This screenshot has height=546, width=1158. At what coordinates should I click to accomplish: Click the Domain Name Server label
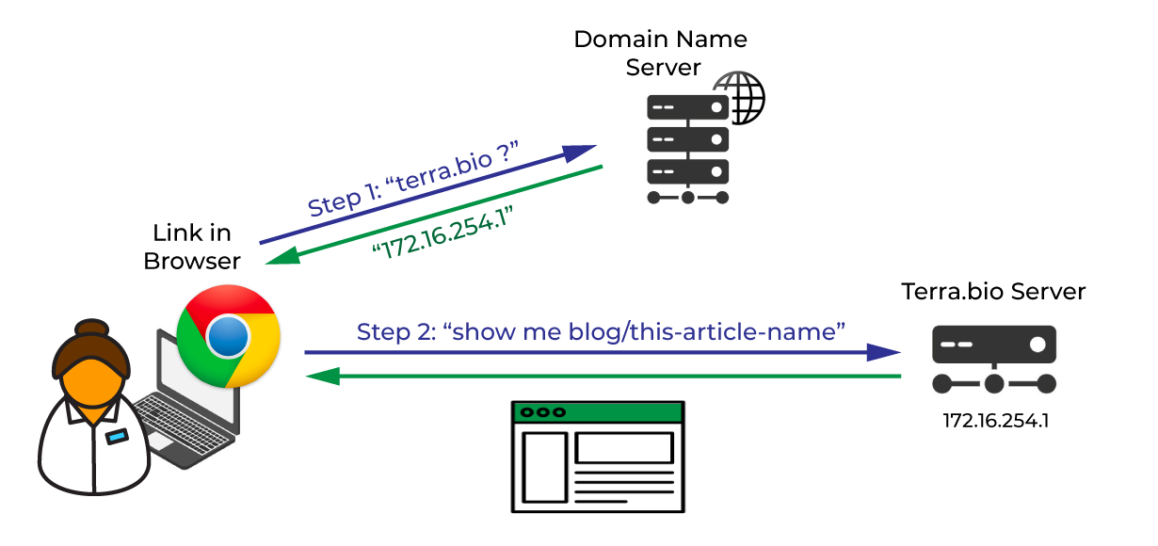[661, 54]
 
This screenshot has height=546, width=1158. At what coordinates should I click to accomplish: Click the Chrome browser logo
[228, 336]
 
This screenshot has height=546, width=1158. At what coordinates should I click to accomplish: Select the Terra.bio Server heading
[993, 292]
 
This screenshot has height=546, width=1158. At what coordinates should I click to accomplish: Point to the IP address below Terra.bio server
[996, 421]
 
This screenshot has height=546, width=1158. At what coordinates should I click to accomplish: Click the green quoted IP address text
[443, 233]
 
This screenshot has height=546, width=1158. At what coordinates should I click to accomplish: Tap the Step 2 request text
[601, 331]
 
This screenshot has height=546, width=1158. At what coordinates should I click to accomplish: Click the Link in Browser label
[192, 247]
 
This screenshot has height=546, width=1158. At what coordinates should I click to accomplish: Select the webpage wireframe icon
[598, 457]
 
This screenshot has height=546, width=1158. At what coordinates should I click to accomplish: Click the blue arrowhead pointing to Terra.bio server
[883, 352]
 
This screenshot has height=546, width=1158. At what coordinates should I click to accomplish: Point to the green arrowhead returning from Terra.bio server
[323, 376]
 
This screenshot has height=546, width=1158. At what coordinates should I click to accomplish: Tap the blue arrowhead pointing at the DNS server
[578, 153]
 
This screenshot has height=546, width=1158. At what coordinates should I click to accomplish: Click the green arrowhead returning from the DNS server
[283, 257]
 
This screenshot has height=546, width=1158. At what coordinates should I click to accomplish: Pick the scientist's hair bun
[91, 328]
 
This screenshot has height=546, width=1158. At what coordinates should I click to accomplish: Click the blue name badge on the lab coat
[117, 437]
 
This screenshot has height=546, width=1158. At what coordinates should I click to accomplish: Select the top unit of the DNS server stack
[687, 107]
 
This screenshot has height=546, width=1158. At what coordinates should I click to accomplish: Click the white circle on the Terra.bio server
[1037, 345]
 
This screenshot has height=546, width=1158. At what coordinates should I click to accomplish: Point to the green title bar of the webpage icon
[598, 412]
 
